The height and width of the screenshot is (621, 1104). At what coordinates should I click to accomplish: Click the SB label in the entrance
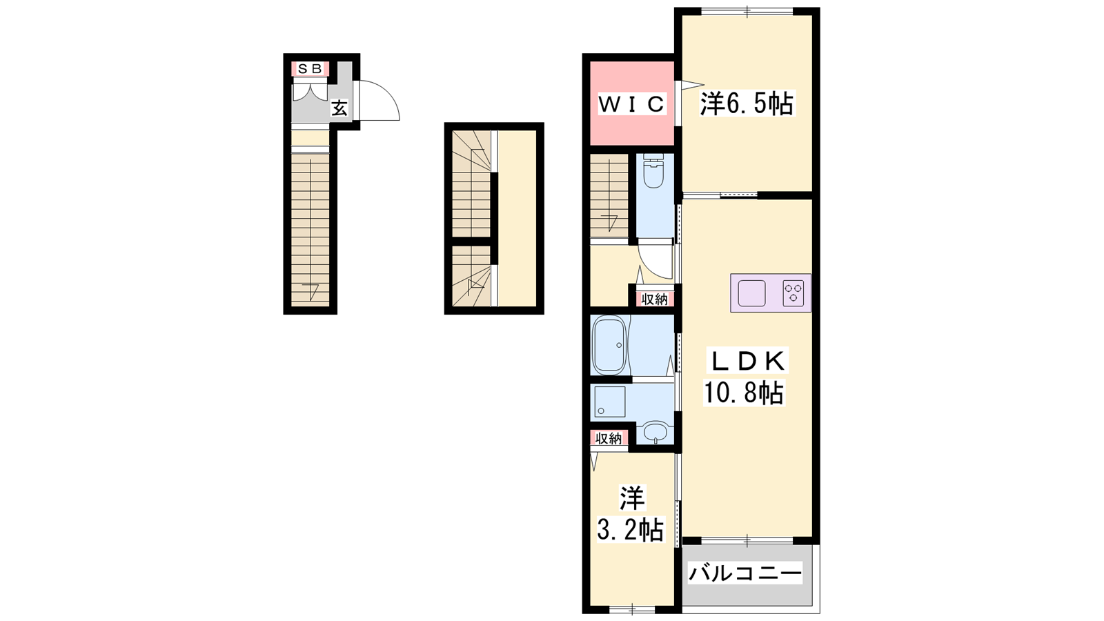pos(310,68)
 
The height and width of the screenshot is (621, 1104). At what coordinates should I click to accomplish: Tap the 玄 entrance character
pos(339,108)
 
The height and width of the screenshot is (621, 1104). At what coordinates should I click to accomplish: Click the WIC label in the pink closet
pos(632,104)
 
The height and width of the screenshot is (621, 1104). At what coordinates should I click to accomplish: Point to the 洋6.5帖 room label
pos(747,104)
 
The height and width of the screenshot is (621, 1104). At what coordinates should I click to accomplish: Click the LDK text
pos(747,361)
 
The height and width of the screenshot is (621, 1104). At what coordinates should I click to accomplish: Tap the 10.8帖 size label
pos(744,393)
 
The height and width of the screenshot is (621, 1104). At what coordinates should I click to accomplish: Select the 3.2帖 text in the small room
pos(631,530)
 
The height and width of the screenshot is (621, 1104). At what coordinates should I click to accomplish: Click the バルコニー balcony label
pos(745,573)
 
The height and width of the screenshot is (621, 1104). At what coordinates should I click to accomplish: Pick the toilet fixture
pos(654,172)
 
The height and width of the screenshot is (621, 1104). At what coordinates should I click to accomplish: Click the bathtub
pos(609,345)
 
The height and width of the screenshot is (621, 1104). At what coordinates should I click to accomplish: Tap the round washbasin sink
pos(655,432)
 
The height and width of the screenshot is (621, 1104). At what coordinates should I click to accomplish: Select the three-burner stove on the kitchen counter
pos(793,293)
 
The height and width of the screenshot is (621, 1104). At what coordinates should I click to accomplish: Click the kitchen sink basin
pos(751,293)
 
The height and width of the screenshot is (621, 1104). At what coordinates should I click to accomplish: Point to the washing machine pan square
pos(610,402)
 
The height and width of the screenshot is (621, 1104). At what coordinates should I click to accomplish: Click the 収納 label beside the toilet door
pos(655,299)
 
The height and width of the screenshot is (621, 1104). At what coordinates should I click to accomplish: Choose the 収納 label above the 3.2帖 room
pos(609,438)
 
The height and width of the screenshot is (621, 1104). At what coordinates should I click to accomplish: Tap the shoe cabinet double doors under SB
pos(310,92)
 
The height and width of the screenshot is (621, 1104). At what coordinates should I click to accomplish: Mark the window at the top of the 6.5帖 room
pos(747,11)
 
